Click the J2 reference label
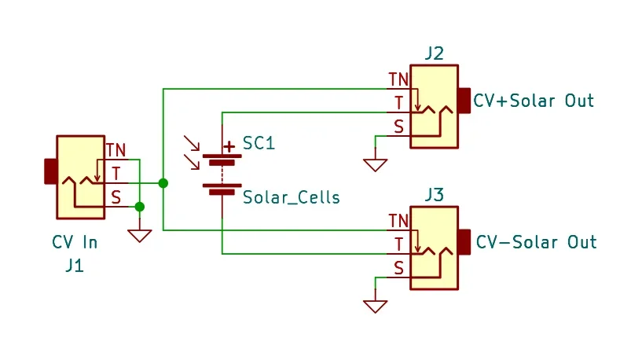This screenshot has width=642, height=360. click(x=433, y=53)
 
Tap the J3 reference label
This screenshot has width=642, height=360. click(x=433, y=194)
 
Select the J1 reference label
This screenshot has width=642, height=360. click(x=74, y=265)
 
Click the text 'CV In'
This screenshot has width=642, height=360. click(x=75, y=242)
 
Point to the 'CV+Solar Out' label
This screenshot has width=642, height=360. click(x=534, y=101)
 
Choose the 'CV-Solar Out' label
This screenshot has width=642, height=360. click(x=536, y=241)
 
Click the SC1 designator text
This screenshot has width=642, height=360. click(x=259, y=144)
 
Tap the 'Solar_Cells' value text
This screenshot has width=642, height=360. click(x=291, y=197)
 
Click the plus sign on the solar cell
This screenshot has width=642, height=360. click(x=229, y=146)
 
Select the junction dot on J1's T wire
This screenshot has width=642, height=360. click(x=163, y=183)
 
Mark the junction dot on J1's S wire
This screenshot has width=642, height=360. click(x=139, y=207)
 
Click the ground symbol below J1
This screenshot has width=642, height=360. click(x=139, y=235)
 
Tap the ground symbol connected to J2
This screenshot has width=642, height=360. click(x=375, y=164)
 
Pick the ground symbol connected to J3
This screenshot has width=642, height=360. click(x=375, y=305)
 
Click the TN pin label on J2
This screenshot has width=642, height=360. click(x=398, y=79)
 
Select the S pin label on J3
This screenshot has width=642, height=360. click(x=398, y=268)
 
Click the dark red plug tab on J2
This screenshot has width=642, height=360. click(x=464, y=101)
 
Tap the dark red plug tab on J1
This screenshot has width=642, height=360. click(x=50, y=171)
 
